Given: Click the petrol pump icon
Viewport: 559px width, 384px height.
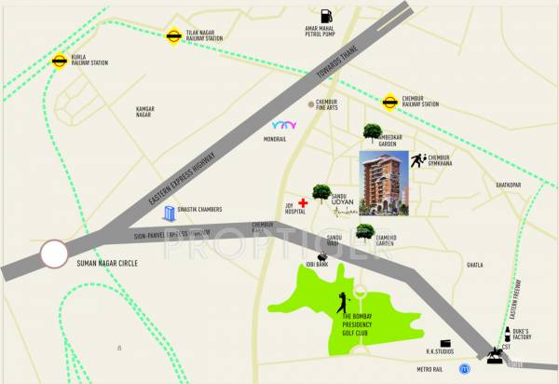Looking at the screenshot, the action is pyautogui.click(x=325, y=16).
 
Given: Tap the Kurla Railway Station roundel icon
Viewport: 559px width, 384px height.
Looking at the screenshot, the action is pyautogui.click(x=59, y=62).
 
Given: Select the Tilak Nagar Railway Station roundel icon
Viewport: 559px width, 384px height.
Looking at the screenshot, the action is pyautogui.click(x=173, y=36).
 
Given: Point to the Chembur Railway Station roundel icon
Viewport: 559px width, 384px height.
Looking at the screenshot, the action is pyautogui.click(x=389, y=101).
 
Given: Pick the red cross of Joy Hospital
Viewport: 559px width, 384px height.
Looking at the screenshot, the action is pyautogui.click(x=303, y=201).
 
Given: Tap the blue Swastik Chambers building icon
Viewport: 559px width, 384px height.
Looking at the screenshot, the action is pyautogui.click(x=170, y=213).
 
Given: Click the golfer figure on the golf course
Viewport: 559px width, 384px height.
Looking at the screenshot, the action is pyautogui.click(x=342, y=303).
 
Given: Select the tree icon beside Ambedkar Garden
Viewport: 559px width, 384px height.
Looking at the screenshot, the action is pyautogui.click(x=373, y=132).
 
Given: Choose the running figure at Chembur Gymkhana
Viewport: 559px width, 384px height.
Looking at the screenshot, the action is pyautogui.click(x=418, y=160).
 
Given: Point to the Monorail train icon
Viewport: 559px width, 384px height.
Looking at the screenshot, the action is pyautogui.click(x=282, y=124).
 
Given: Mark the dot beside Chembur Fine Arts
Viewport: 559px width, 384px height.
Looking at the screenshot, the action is pyautogui.click(x=311, y=104).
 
